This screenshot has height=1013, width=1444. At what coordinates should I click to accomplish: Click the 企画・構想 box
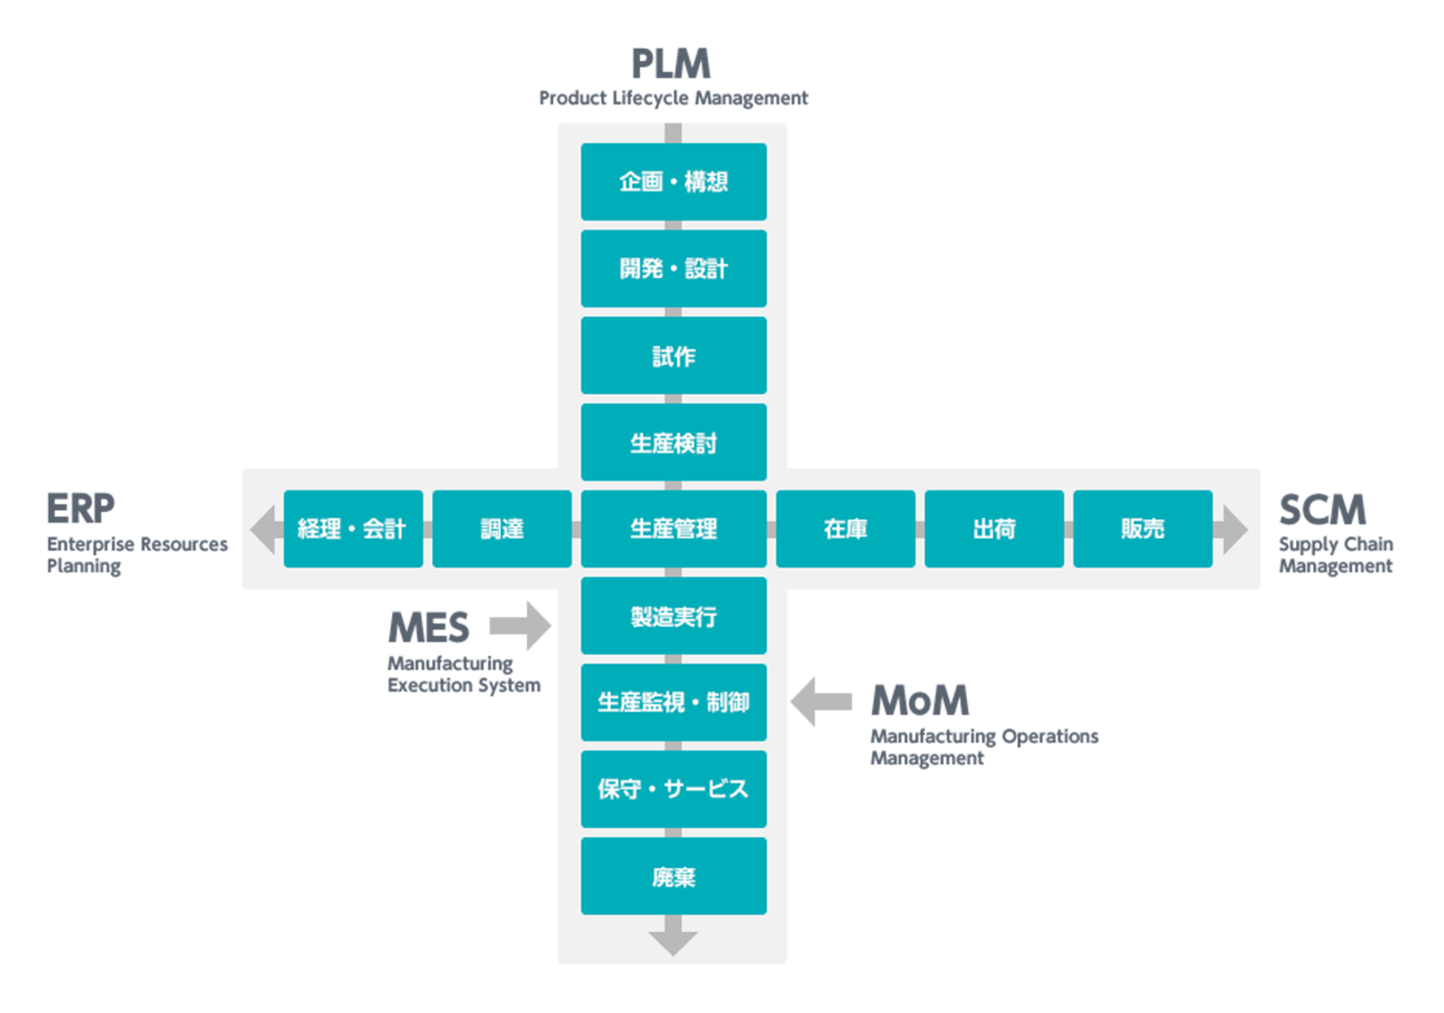tap(674, 182)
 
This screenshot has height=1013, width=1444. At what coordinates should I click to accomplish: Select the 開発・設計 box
tap(674, 268)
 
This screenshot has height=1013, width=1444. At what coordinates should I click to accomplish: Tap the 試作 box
tap(674, 355)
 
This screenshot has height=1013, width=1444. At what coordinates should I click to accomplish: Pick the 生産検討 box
tap(674, 442)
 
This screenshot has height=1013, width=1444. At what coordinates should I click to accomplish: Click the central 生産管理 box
tap(674, 529)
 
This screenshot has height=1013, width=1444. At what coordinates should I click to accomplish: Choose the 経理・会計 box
tap(353, 529)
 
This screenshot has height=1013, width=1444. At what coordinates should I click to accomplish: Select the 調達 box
tap(502, 529)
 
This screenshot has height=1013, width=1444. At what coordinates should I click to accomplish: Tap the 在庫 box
tap(845, 529)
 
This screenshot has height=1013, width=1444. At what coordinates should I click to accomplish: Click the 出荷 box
tap(994, 529)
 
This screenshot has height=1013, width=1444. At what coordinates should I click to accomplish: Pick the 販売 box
tap(1143, 529)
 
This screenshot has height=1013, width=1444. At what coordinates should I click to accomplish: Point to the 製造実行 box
tap(674, 616)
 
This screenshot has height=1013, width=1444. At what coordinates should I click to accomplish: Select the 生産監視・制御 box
tap(674, 702)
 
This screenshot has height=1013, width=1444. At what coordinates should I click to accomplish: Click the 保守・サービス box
tap(674, 789)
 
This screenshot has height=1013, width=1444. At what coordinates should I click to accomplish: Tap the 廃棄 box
tap(674, 876)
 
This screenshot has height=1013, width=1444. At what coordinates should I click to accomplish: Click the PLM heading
tap(671, 64)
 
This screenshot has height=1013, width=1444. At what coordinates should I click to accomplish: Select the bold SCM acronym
tap(1322, 510)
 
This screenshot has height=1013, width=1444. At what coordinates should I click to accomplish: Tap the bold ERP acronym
tap(81, 508)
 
